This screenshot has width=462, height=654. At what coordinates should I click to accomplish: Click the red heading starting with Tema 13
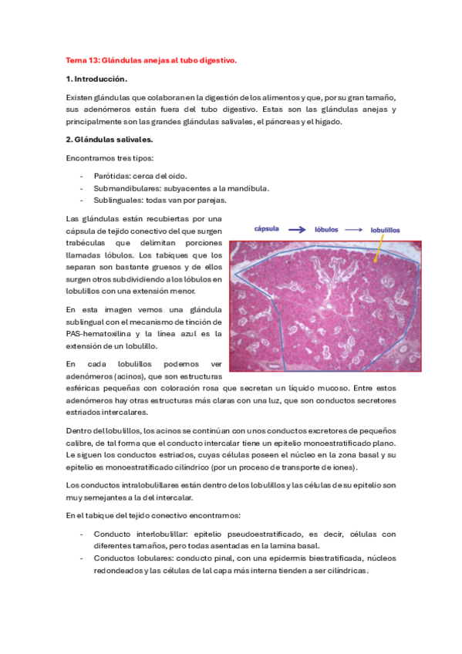point(151,59)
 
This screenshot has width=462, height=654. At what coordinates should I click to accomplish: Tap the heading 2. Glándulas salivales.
point(110,139)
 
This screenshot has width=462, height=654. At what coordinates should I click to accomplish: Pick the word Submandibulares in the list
point(123,188)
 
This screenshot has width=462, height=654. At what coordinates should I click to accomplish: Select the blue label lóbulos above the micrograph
point(329,229)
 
